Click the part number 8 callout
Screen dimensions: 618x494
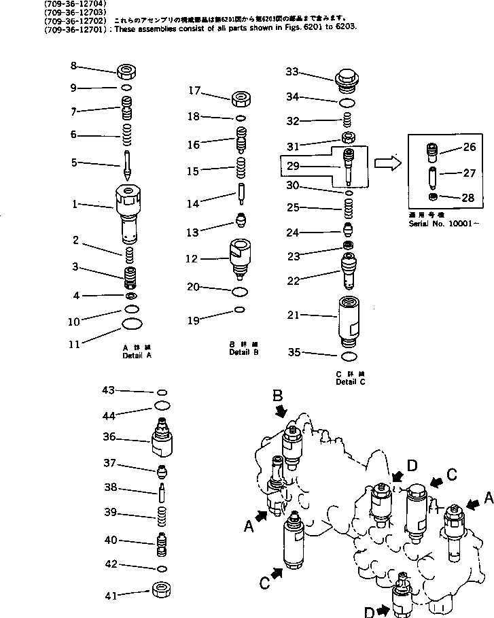tap(74, 66)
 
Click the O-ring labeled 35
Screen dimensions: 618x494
tap(348, 356)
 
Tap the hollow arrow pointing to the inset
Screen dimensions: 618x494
tap(385, 163)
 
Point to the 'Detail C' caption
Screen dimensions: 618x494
tap(351, 382)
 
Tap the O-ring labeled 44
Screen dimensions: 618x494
tap(162, 405)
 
